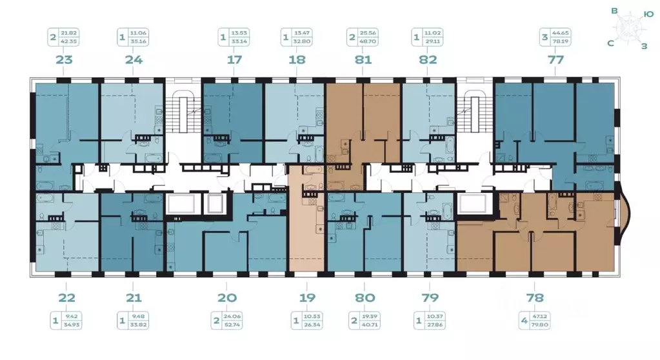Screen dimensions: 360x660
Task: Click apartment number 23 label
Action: click(x=64, y=60)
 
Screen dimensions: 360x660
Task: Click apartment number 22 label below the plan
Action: click(x=67, y=297)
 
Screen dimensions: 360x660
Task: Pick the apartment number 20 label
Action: click(x=227, y=297)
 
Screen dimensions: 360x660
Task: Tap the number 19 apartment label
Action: click(x=306, y=297)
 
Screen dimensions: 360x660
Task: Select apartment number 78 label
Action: click(x=535, y=297)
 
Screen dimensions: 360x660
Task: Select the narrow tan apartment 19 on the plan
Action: click(x=307, y=226)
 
